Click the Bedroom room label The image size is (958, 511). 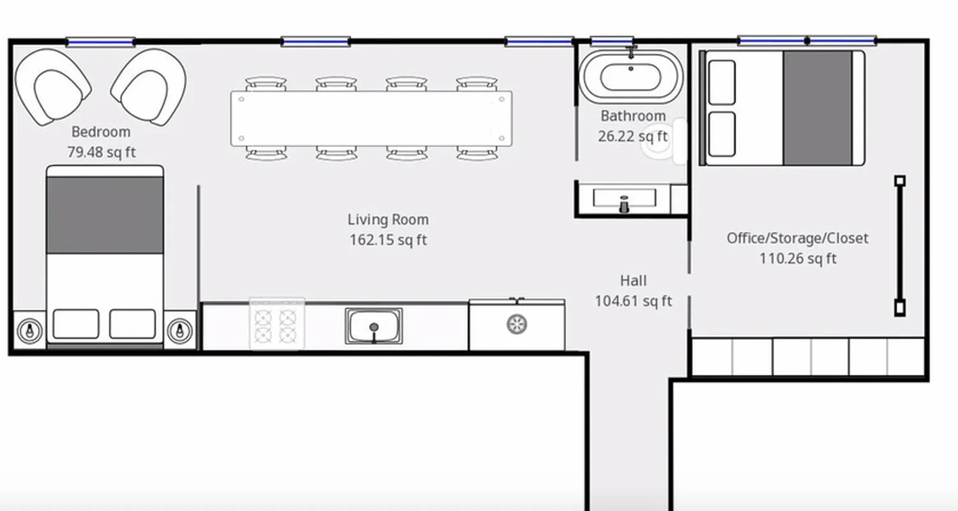(101, 132)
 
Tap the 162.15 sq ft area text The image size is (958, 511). (388, 240)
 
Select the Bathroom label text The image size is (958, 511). (632, 116)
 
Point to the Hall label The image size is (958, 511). (633, 280)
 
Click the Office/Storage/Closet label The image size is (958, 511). (797, 238)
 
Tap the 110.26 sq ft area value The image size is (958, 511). (797, 259)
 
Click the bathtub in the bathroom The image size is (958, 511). (631, 77)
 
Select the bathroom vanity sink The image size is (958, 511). (624, 199)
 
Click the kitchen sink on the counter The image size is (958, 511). (374, 326)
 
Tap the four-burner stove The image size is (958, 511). (277, 324)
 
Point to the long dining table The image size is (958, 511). (371, 119)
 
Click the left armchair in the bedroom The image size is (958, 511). (52, 87)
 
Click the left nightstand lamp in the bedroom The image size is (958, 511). (29, 330)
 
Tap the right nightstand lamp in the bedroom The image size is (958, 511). (180, 330)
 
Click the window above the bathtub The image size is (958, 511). (611, 42)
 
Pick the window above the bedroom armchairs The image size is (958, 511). (100, 42)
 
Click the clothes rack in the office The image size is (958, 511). (899, 245)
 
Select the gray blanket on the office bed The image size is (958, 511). (817, 108)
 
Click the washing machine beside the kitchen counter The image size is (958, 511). (517, 324)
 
